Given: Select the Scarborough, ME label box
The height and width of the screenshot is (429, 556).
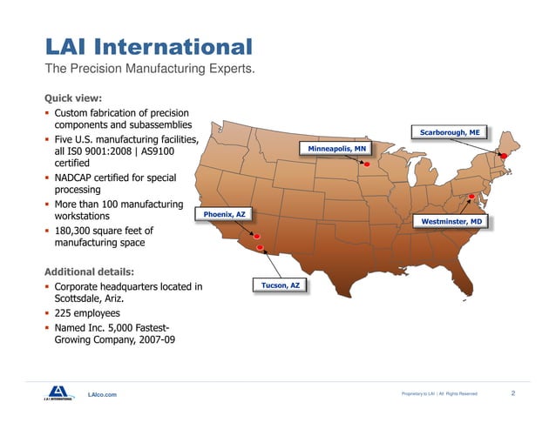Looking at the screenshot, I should [x=450, y=132].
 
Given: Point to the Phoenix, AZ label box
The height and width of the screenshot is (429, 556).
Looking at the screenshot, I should [x=226, y=213].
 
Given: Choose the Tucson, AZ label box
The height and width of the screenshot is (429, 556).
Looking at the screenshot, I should [x=281, y=285].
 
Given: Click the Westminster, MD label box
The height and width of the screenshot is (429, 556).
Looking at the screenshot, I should [x=451, y=222].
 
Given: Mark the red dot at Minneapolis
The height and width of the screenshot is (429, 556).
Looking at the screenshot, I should [x=367, y=164].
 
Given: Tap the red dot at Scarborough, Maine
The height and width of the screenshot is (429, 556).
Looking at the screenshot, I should [x=503, y=156].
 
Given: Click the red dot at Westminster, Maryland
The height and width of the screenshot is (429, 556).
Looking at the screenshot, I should [x=471, y=197].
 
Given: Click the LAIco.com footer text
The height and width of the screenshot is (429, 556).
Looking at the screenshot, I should [x=102, y=395].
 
